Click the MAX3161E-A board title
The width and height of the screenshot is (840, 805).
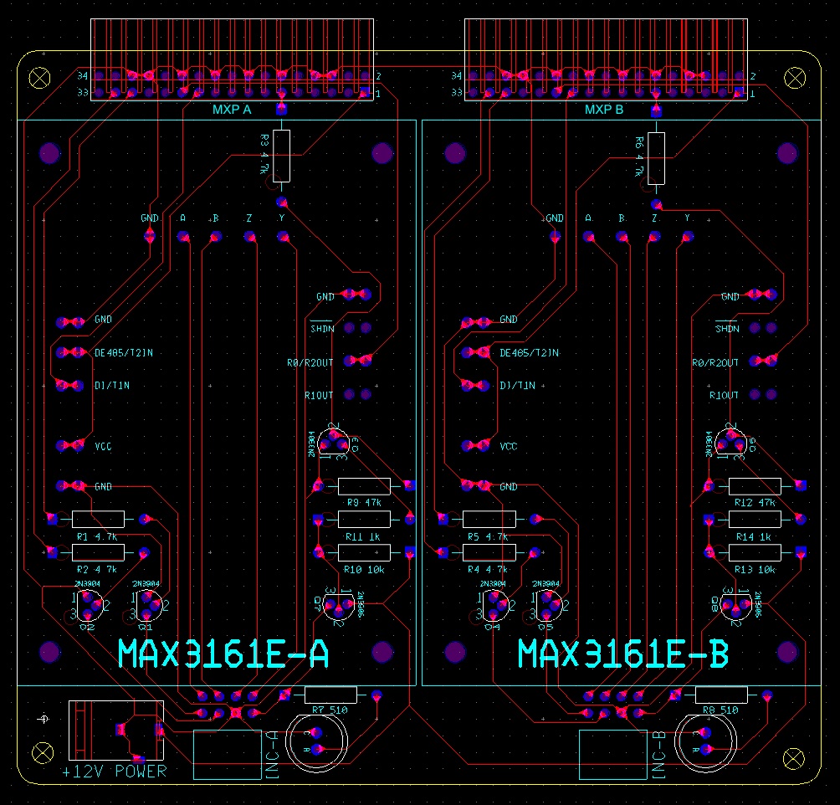tap(223, 654)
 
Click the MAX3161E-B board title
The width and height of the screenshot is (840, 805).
tap(623, 654)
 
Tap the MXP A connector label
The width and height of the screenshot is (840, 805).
tap(232, 109)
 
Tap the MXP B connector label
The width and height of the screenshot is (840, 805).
tap(604, 109)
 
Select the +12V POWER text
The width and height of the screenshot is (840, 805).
tap(115, 772)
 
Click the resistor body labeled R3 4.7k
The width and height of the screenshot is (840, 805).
tap(281, 156)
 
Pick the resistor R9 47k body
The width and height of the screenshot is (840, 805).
tap(364, 486)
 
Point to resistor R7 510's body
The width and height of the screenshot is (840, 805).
tap(330, 695)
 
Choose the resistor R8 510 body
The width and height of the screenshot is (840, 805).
tap(722, 695)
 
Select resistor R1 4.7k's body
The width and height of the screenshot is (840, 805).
tap(98, 519)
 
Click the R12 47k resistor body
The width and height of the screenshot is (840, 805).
tap(755, 486)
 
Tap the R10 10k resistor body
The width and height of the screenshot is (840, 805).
tap(364, 552)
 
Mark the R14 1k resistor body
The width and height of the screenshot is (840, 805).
tap(755, 520)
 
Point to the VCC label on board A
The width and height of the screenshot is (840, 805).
tap(103, 447)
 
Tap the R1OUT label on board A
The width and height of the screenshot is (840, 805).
tap(318, 395)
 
